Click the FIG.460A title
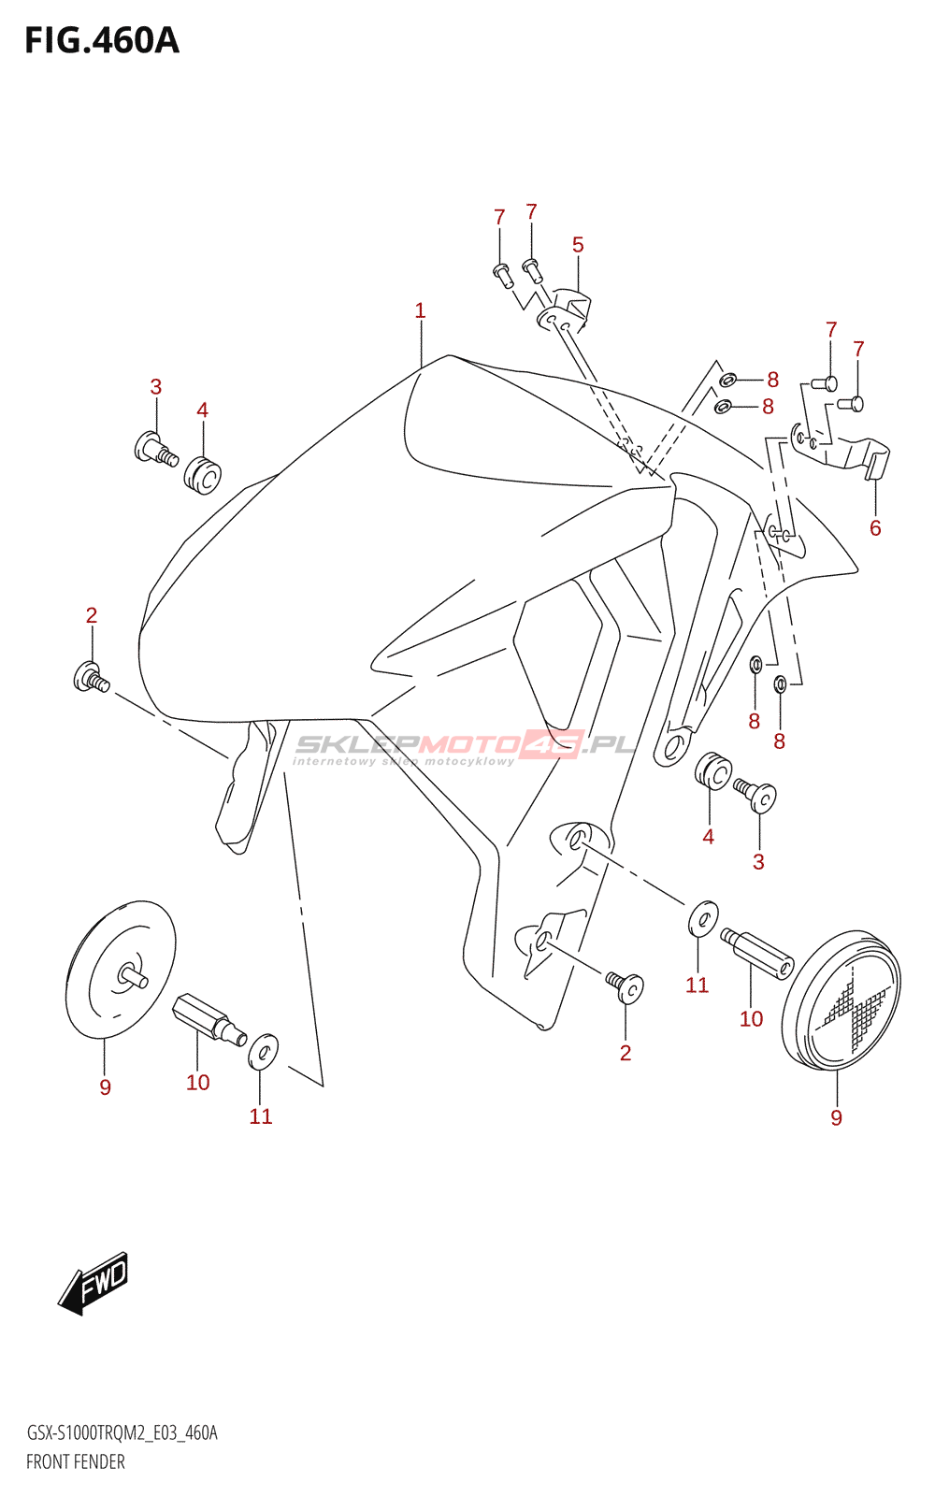pyautogui.click(x=102, y=41)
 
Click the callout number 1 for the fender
pyautogui.click(x=420, y=310)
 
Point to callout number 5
pyautogui.click(x=578, y=245)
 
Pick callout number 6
pyautogui.click(x=875, y=528)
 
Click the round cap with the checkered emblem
pyautogui.click(x=841, y=1000)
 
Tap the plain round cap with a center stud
pyautogui.click(x=121, y=969)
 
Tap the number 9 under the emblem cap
pyautogui.click(x=836, y=1117)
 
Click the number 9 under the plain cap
pyautogui.click(x=105, y=1087)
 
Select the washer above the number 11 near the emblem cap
pyautogui.click(x=703, y=919)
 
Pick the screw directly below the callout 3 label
pyautogui.click(x=156, y=448)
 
